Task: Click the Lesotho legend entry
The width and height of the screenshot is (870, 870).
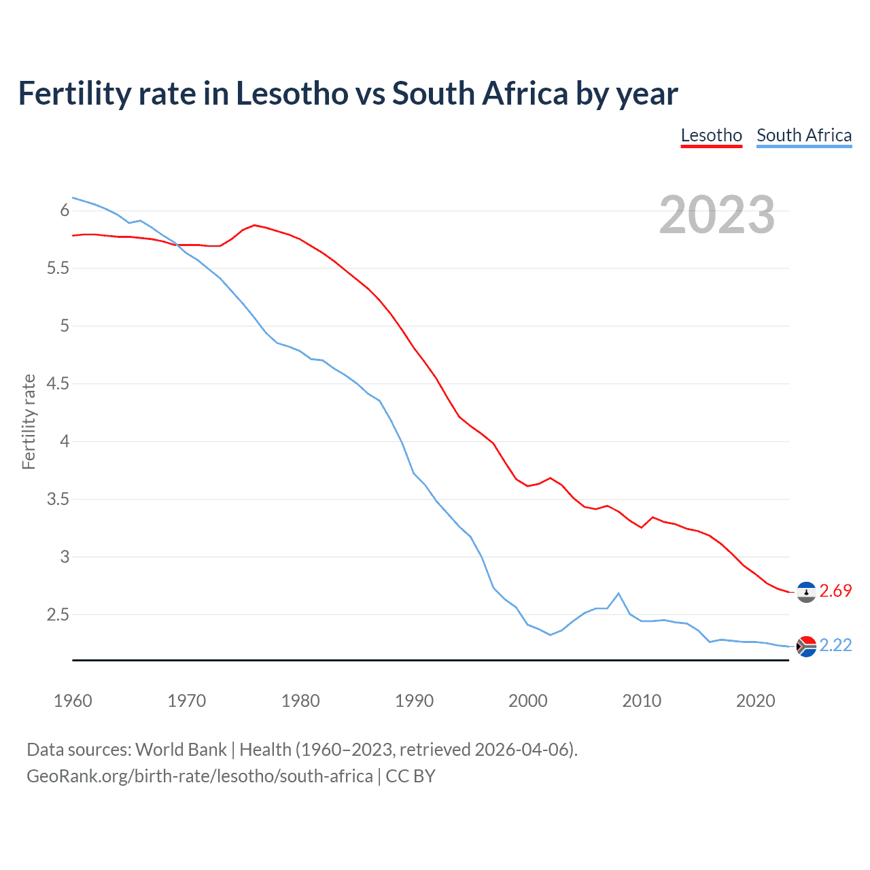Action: [x=711, y=135]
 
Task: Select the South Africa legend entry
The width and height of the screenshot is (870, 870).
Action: [x=803, y=135]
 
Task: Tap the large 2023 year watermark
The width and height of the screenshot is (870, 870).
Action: [x=716, y=215]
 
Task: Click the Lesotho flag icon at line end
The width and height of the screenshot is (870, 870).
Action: [x=806, y=592]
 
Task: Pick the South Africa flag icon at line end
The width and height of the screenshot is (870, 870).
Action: [x=806, y=646]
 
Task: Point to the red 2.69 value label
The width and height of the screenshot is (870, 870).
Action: [x=835, y=591]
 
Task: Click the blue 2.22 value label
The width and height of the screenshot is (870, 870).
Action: [x=835, y=646]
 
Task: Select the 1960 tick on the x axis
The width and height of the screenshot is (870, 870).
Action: [x=73, y=701]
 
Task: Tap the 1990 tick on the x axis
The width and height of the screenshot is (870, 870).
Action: [x=414, y=701]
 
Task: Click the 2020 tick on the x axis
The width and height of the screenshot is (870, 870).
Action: [x=755, y=701]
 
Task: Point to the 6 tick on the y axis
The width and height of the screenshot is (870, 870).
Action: [x=65, y=211]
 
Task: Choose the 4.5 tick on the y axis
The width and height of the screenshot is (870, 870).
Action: [x=58, y=384]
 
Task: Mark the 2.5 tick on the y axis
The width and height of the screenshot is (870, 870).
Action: [x=58, y=615]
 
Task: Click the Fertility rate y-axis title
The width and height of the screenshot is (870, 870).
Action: [x=29, y=421]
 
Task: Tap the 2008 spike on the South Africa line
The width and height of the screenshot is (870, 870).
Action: [x=619, y=593]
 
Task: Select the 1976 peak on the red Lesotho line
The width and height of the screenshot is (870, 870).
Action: [x=254, y=225]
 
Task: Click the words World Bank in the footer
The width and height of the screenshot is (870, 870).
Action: [x=181, y=750]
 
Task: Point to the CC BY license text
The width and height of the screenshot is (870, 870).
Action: [x=411, y=776]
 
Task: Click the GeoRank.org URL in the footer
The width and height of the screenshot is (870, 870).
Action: [x=199, y=776]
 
